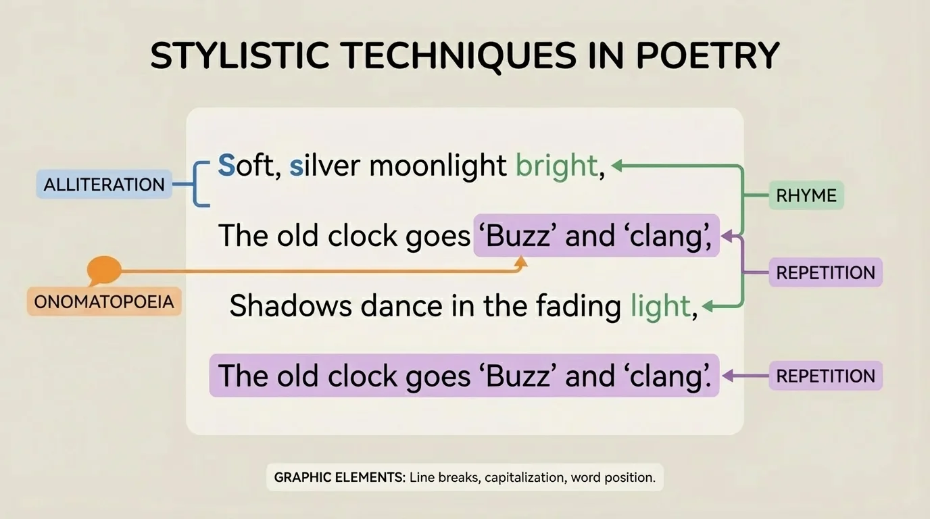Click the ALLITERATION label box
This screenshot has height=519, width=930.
click(103, 184)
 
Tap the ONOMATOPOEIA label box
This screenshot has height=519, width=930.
click(104, 301)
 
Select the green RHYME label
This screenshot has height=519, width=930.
click(806, 196)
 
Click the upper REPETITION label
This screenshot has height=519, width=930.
click(825, 273)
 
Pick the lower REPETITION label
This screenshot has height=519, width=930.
click(825, 376)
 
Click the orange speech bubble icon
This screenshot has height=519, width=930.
click(104, 271)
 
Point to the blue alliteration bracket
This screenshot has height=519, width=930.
click(198, 184)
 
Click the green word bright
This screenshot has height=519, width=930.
click(556, 166)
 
